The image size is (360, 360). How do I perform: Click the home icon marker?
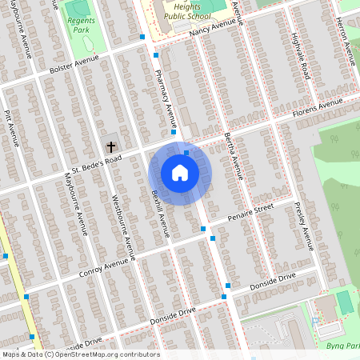click(x=180, y=173)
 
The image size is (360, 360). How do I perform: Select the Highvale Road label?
click(x=300, y=58)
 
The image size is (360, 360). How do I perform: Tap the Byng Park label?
click(x=342, y=346)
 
